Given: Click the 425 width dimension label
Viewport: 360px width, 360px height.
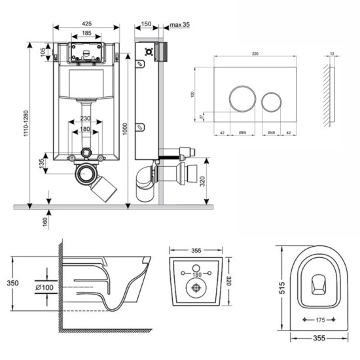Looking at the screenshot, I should tap(86, 22).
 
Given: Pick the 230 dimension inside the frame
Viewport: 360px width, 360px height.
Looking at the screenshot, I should tap(85, 118).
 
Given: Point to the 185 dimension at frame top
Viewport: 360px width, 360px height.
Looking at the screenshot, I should tap(86, 33).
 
